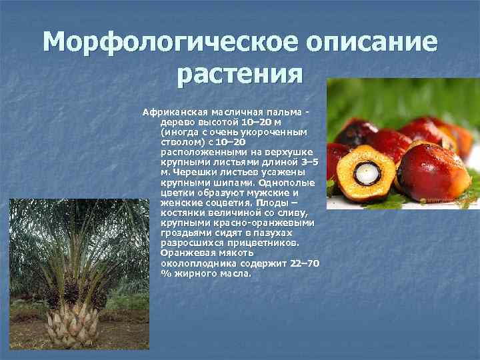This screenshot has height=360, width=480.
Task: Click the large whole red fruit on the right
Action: point(433,171)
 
